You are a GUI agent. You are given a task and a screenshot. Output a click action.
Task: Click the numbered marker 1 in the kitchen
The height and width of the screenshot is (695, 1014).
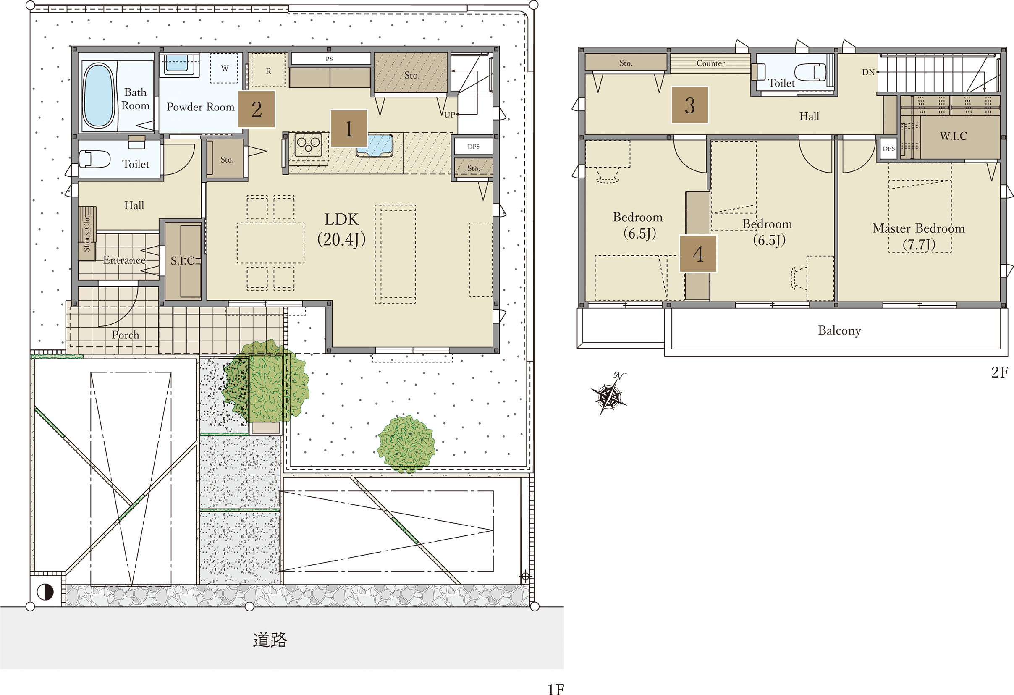(x=348, y=128)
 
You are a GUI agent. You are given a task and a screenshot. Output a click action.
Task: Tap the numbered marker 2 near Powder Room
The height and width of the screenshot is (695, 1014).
(x=257, y=109)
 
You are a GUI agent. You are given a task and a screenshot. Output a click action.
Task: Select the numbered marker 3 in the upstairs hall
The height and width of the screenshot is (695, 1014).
(x=689, y=105)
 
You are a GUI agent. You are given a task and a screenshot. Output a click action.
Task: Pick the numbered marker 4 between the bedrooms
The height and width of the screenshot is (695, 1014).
(x=698, y=254)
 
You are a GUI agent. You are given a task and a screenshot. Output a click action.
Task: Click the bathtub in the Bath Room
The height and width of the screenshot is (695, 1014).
(x=99, y=96)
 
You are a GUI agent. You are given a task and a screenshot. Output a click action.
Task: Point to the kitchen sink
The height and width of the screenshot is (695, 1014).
(x=375, y=145)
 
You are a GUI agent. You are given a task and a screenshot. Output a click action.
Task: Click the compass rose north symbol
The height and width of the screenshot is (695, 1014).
(x=609, y=394)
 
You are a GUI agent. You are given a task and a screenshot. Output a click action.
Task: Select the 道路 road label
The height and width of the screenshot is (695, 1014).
(x=270, y=639)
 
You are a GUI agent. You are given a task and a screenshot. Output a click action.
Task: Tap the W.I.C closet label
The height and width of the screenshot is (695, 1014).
(x=954, y=136)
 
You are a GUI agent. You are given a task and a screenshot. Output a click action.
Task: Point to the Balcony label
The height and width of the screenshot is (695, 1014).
(x=839, y=331)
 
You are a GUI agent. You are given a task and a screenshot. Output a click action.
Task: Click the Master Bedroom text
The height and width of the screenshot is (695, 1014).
(x=918, y=228)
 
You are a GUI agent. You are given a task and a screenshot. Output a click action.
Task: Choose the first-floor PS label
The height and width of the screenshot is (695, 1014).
(x=329, y=59)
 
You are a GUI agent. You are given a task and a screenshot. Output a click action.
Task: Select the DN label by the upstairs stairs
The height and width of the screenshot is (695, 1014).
(x=868, y=72)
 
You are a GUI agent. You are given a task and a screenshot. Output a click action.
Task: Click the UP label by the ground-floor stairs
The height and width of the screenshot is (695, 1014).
(x=450, y=115)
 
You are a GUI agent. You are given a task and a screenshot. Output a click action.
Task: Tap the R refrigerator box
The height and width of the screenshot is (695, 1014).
(x=268, y=70)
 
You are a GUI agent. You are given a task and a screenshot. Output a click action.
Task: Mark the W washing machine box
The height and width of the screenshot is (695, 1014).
(x=224, y=68)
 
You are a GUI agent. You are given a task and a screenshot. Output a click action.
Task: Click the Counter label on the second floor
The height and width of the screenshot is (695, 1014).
(x=710, y=63)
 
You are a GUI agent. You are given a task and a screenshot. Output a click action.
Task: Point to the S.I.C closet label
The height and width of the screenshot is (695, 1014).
(x=182, y=260)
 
